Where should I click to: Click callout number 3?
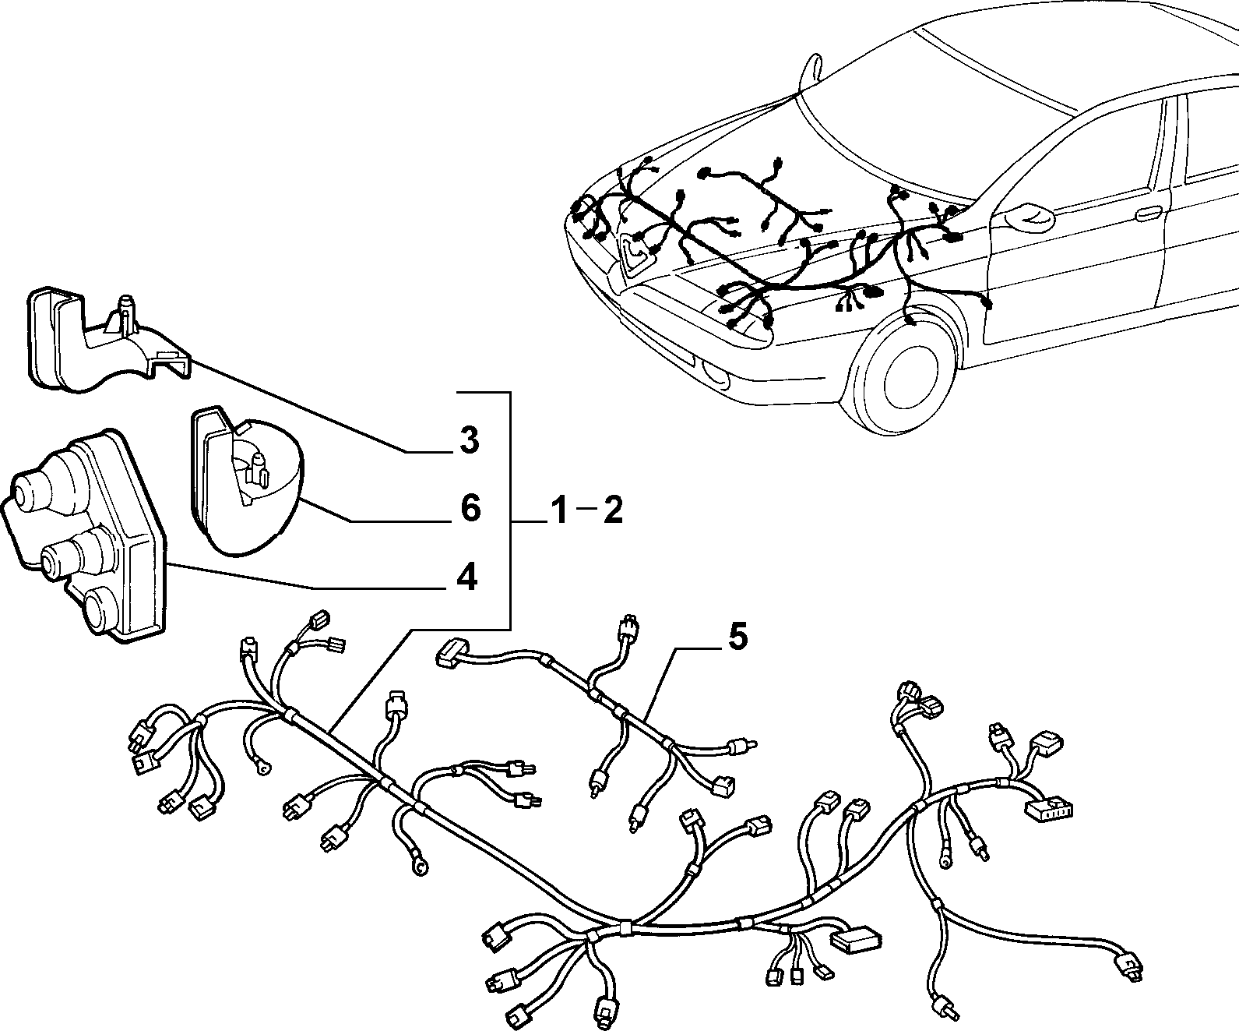[469, 440]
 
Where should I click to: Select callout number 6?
[470, 508]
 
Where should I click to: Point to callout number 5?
[737, 637]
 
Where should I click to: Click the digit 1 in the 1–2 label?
[558, 510]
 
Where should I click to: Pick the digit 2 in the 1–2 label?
[614, 510]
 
